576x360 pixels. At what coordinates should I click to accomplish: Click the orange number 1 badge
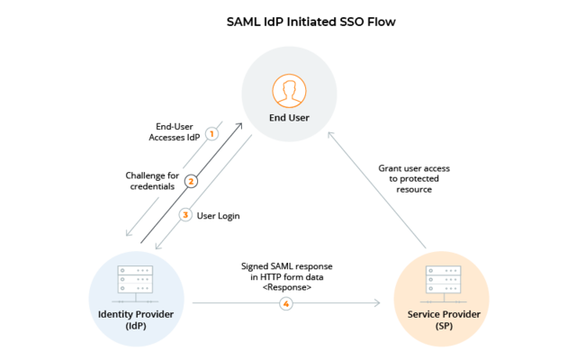[x=212, y=134]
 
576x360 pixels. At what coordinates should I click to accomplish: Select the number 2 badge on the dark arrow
[x=191, y=181]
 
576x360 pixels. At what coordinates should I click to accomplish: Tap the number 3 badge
[x=185, y=214]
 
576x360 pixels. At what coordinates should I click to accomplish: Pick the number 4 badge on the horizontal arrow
[x=286, y=304]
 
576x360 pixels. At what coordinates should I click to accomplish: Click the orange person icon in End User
[x=289, y=90]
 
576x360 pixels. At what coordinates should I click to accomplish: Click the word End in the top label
[x=277, y=118]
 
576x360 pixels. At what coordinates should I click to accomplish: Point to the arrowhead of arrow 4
[x=377, y=304]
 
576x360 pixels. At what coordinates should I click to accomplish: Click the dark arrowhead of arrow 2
[x=240, y=128]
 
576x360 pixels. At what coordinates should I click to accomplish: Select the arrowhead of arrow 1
[x=127, y=233]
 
